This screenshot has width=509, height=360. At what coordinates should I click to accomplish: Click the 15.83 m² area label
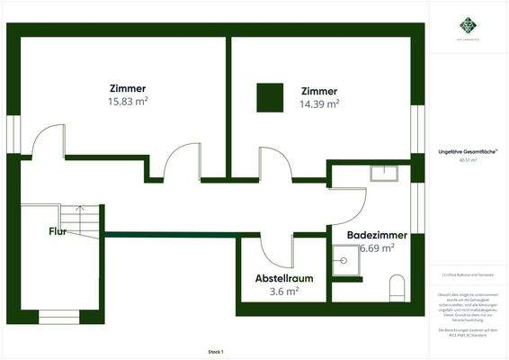127,102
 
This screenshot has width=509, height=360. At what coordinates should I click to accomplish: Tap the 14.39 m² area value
320,104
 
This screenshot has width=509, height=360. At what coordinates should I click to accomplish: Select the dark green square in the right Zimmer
270,97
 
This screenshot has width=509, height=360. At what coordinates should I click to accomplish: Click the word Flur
58,231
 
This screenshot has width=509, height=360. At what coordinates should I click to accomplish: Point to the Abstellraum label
285,277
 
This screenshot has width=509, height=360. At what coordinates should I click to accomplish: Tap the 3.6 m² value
285,291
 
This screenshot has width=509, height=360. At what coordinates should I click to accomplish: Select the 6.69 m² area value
377,248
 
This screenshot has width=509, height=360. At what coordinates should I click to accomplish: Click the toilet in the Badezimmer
397,289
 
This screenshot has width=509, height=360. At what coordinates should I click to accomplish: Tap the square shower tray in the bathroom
344,262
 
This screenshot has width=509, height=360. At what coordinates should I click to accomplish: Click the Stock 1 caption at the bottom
215,351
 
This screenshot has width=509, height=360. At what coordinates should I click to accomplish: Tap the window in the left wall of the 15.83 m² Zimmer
13,133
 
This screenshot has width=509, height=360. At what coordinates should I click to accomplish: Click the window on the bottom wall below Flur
58,316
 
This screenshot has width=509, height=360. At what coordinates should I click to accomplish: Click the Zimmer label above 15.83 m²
127,88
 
